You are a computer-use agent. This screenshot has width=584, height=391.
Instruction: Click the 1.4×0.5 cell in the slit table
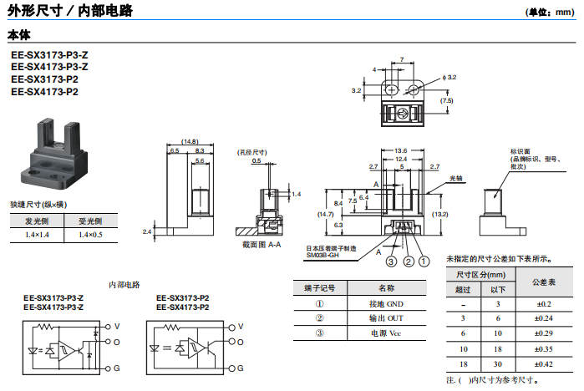click(90, 236)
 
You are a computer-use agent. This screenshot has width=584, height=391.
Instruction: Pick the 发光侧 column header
click(37, 221)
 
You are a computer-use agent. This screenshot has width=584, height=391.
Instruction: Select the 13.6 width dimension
click(401, 150)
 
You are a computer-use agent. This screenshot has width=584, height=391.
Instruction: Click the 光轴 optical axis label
click(456, 179)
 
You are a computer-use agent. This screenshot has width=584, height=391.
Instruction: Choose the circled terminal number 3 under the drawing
click(389, 261)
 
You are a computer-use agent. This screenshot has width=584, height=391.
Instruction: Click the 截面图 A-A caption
click(262, 245)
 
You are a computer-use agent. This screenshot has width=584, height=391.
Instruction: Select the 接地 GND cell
click(385, 303)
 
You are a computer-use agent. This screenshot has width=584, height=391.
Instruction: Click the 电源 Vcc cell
click(385, 333)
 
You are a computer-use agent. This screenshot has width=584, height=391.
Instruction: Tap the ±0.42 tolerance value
click(544, 364)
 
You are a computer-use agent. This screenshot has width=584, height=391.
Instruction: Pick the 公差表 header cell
click(544, 281)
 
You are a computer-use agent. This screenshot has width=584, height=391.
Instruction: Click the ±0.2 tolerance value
click(544, 304)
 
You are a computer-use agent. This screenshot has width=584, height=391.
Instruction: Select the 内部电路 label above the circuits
click(124, 284)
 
